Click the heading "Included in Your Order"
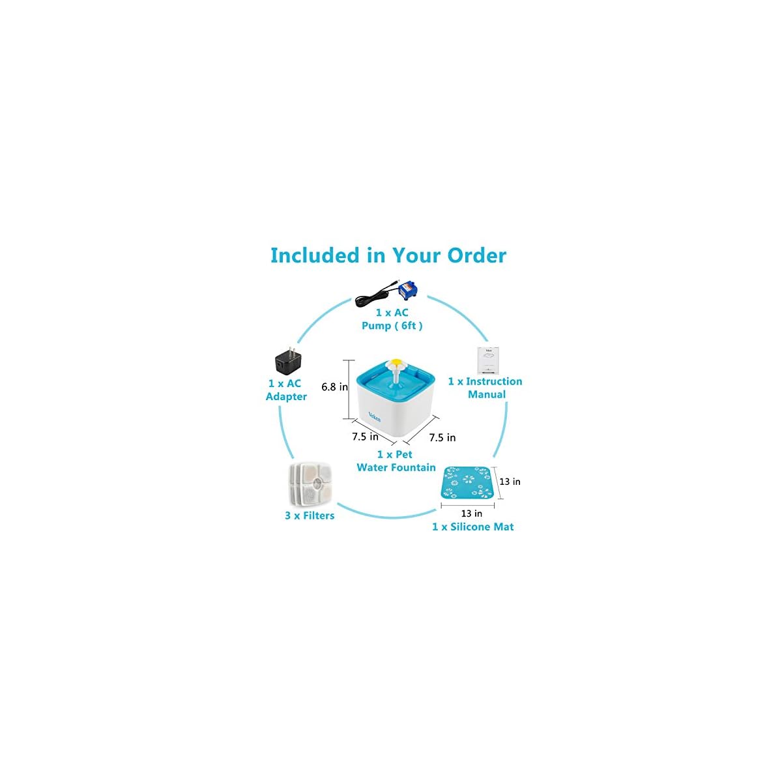388,255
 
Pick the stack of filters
309,484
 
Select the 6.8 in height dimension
334,386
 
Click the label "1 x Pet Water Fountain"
396,461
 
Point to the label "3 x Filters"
310,515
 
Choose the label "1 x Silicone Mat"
472,527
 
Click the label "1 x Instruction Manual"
485,388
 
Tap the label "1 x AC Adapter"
285,390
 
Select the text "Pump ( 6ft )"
392,325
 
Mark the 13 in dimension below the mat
471,514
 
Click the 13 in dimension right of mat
510,482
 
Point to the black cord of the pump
369,299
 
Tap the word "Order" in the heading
476,255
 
